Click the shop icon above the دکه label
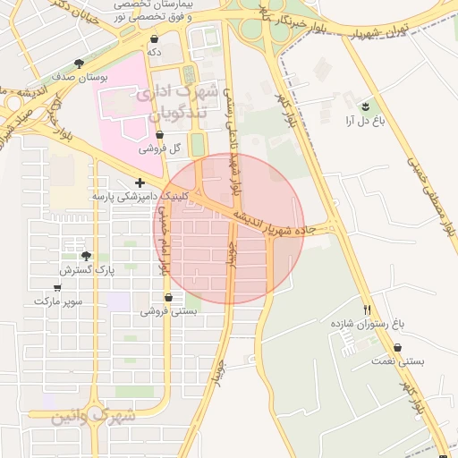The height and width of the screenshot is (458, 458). tap(155, 39)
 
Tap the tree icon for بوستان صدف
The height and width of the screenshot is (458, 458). tap(79, 64)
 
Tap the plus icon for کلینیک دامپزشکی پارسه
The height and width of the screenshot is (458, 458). tap(140, 182)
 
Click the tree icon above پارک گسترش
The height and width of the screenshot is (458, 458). tap(86, 256)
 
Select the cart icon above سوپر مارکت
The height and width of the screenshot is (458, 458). tap(58, 288)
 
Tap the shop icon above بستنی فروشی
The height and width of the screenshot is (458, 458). tap(168, 298)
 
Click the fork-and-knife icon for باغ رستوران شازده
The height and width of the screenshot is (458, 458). tap(366, 310)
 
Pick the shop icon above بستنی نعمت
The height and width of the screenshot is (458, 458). tap(397, 347)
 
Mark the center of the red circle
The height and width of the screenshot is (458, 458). tap(231, 229)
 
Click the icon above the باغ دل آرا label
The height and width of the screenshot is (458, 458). tap(365, 105)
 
